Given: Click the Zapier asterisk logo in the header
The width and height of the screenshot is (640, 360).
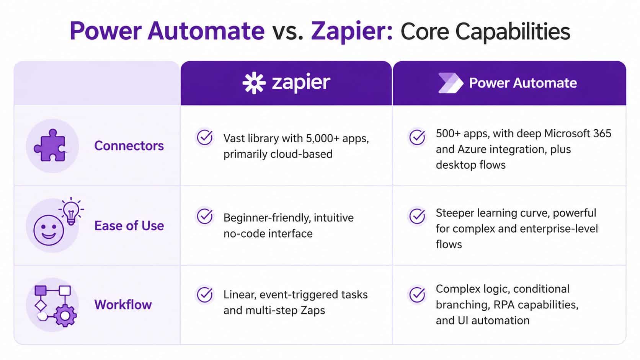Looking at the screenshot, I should coord(254,83).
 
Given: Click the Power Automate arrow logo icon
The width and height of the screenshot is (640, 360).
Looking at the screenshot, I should coord(450,83).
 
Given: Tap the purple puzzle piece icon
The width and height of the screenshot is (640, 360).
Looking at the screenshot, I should coord(50,146).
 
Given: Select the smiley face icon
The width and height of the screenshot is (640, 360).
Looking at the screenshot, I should coord(49,230).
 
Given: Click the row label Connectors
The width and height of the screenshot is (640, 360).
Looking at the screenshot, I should coord(129,146).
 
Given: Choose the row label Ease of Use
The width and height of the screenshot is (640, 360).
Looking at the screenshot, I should coord(129,226).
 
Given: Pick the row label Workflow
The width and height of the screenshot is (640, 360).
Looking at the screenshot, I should coord(123,305).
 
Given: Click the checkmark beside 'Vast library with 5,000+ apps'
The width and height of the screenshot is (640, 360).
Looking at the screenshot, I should coord(205,137).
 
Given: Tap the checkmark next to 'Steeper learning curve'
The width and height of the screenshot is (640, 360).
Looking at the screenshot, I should coord(417,216).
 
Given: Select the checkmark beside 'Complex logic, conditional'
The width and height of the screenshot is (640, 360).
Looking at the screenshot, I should coord(417,295).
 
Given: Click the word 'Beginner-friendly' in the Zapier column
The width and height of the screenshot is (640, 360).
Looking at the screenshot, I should coord(267,218).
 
